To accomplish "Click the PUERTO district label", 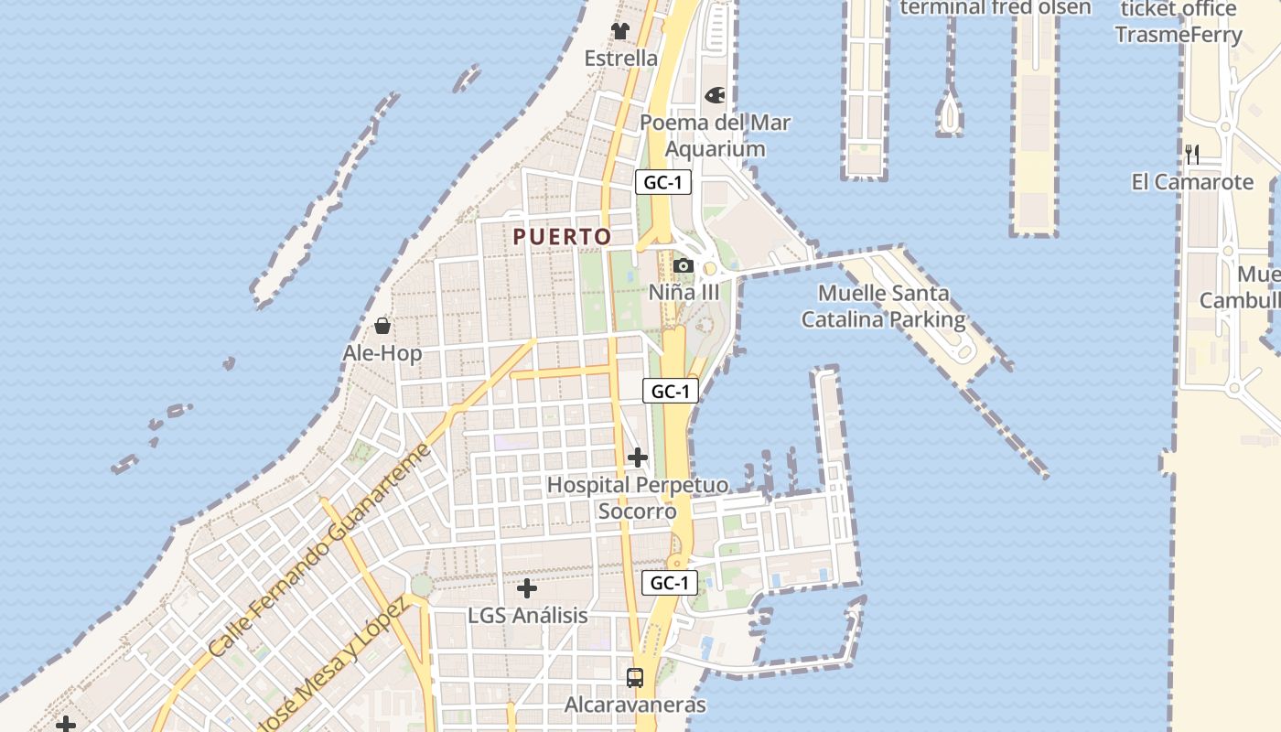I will [x=562, y=237].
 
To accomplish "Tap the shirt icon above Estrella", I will [x=621, y=31].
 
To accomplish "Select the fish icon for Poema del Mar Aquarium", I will [x=715, y=95].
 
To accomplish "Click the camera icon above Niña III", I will [x=683, y=266].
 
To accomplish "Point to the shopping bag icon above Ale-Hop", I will [x=382, y=326].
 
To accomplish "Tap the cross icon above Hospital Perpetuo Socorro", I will [x=638, y=457].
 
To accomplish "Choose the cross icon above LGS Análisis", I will [x=527, y=588].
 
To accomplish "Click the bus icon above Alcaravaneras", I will [x=635, y=678].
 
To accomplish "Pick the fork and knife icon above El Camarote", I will [x=1192, y=154].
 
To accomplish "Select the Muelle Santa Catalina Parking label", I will [x=883, y=307].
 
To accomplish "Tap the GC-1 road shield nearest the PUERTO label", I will [x=663, y=182].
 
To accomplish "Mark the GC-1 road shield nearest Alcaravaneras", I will [x=670, y=583].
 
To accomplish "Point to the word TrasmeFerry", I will [x=1179, y=35].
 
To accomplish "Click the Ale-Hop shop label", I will [x=382, y=353].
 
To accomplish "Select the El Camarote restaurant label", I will [x=1192, y=182].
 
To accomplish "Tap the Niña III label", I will [x=684, y=293].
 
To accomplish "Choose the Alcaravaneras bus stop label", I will [x=635, y=705].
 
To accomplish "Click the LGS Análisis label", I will [x=527, y=615].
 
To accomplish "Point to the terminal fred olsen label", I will [x=996, y=8].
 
